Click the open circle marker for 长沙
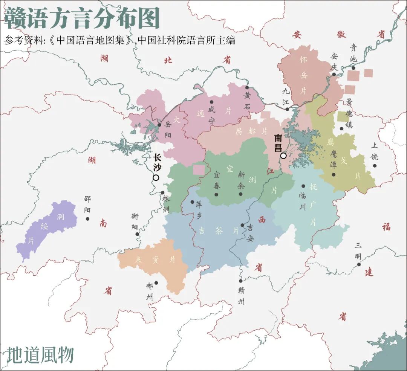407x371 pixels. point(156,177)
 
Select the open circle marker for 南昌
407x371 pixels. point(283,156)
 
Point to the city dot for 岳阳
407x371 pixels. point(159,125)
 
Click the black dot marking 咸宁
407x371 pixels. point(211,102)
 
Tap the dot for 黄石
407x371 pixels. point(247,87)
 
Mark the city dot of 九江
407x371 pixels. point(287,109)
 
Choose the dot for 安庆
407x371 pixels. point(334,74)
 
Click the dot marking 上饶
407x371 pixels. point(375,166)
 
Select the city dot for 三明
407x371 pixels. point(359,264)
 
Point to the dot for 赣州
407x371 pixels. point(241,281)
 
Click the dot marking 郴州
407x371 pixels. point(156,283)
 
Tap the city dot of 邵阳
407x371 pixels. point(88,218)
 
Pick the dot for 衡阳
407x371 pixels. point(138,234)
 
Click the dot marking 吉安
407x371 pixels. point(242,225)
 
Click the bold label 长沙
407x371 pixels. point(157,162)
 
